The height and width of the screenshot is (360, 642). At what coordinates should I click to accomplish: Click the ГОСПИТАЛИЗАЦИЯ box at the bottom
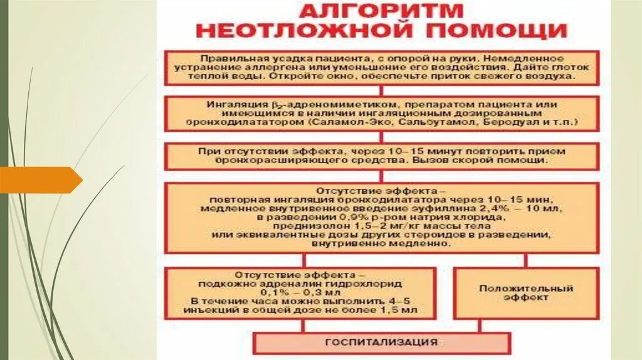[382, 342]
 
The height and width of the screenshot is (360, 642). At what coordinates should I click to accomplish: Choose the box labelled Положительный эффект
[525, 293]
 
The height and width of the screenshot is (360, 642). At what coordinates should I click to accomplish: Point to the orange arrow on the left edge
[41, 180]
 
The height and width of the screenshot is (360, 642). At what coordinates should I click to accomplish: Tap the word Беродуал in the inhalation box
[502, 123]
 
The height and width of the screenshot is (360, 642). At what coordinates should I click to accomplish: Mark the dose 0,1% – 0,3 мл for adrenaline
[300, 292]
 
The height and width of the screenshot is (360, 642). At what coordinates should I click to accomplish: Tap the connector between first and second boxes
[382, 92]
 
